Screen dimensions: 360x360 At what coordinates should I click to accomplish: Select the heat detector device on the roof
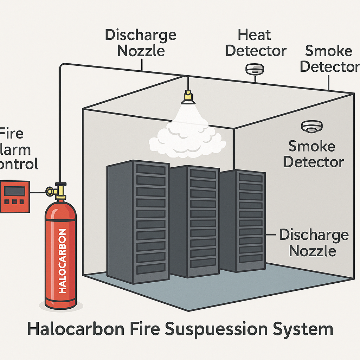(x=254, y=69)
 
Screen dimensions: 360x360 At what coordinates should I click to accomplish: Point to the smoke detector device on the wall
(x=312, y=127)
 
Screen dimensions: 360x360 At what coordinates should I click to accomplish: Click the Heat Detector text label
(x=256, y=43)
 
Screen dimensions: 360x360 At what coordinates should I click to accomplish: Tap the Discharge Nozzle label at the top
(x=141, y=43)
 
